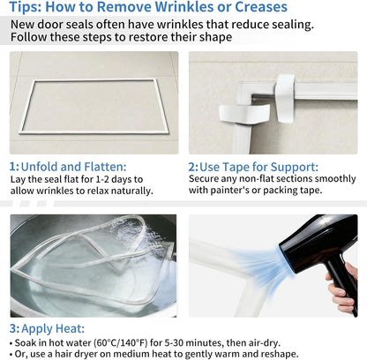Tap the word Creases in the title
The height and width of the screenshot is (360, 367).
coord(261,6)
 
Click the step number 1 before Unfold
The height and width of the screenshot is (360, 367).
coord(13,167)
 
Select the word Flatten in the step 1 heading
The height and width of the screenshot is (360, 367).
coord(105,167)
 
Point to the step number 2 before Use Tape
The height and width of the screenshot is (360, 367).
coord(192,167)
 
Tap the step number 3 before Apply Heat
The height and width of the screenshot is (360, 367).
coord(13,328)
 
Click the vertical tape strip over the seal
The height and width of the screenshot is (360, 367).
coord(284,98)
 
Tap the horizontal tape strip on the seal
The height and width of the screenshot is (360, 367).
coord(243,114)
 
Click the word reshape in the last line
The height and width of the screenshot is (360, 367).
coord(279,354)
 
